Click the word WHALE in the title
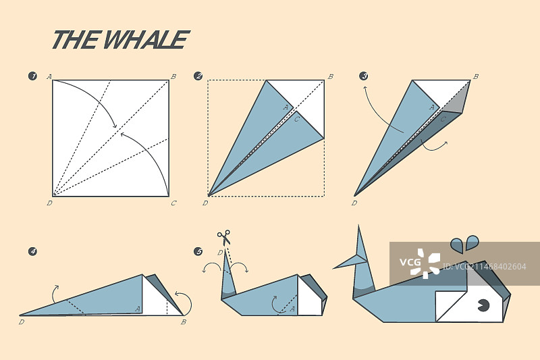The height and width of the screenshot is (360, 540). [146, 39]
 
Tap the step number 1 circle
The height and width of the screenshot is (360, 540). [32, 76]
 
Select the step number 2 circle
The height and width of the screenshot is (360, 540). [198, 76]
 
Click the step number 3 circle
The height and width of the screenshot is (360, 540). [363, 76]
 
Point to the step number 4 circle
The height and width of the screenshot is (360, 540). [32, 251]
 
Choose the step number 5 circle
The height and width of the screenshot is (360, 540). [198, 251]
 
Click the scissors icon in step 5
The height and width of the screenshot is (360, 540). [224, 237]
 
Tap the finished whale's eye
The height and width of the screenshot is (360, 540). [483, 305]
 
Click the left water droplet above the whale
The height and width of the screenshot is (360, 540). [457, 245]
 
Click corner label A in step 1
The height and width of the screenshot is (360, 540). [49, 76]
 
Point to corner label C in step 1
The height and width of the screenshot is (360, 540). [173, 203]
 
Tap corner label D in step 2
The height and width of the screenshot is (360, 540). [205, 203]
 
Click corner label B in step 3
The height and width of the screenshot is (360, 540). [476, 76]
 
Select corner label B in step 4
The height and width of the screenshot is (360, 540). [184, 322]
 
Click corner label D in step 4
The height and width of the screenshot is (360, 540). [22, 322]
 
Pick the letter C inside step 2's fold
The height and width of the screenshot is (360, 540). [297, 119]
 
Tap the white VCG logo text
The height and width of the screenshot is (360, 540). [410, 263]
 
